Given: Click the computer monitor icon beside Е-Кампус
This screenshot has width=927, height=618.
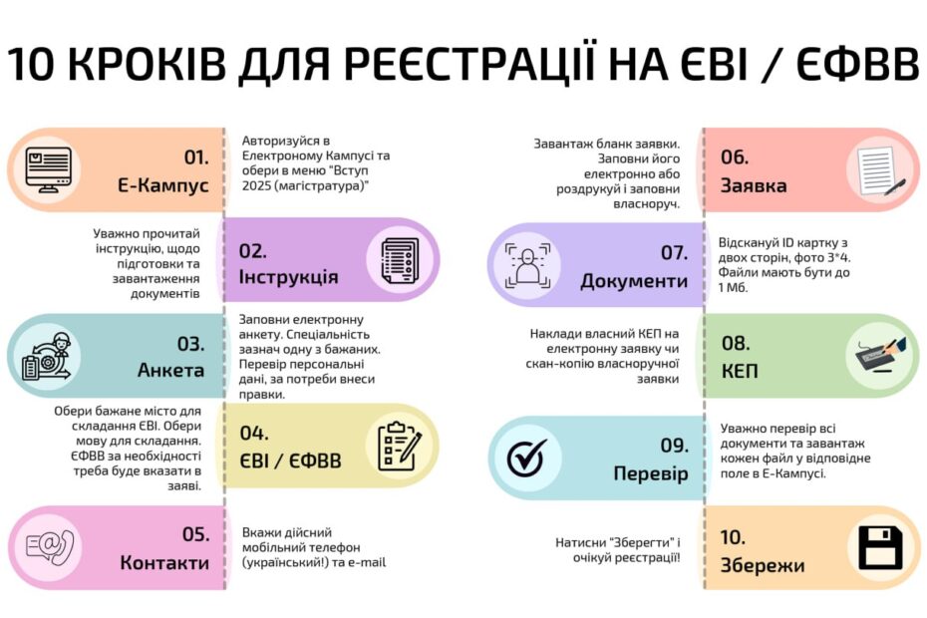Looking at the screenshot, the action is pos(49,169).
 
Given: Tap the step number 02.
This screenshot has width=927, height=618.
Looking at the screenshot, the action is pos(252,251).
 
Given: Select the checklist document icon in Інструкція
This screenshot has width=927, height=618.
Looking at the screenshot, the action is pos(401,261).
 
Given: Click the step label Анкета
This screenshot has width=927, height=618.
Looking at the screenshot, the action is pos(170,370).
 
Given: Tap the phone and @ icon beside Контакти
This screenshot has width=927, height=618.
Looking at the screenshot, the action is pos(50,547).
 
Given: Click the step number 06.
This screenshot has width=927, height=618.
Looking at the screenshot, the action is pos(735,157).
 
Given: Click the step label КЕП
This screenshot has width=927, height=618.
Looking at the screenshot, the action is pos(740,372).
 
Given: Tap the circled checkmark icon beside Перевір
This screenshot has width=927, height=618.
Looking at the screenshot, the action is pos(526,458).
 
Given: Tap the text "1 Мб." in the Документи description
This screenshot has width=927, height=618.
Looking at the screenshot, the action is pos(733,288).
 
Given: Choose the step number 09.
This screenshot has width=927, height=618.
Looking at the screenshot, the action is pos(675,446).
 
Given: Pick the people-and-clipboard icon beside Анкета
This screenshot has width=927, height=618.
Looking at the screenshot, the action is pos(47,356).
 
